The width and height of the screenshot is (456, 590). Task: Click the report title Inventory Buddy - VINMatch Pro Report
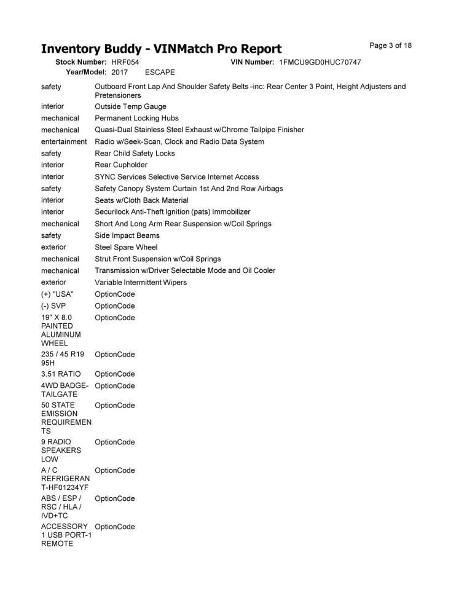[161, 49]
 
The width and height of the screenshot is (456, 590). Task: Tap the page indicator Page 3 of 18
[390, 45]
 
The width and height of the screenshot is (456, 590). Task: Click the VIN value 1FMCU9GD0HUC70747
[320, 63]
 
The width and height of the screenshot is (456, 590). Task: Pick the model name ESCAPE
[160, 73]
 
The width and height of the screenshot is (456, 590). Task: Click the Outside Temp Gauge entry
[130, 106]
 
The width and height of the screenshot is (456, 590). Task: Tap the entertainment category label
[64, 141]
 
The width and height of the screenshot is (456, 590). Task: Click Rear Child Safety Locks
[135, 154]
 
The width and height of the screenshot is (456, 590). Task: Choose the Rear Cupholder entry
[121, 165]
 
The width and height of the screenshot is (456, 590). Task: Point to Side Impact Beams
[127, 235]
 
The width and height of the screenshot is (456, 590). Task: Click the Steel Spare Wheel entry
[126, 247]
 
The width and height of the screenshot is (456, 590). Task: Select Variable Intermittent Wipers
[141, 283]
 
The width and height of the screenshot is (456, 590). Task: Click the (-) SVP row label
[54, 306]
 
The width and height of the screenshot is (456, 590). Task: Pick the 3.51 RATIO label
[61, 374]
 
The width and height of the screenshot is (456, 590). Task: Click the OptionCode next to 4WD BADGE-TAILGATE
[115, 386]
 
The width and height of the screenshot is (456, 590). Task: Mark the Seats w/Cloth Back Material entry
[141, 200]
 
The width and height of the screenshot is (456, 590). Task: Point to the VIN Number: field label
[252, 63]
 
